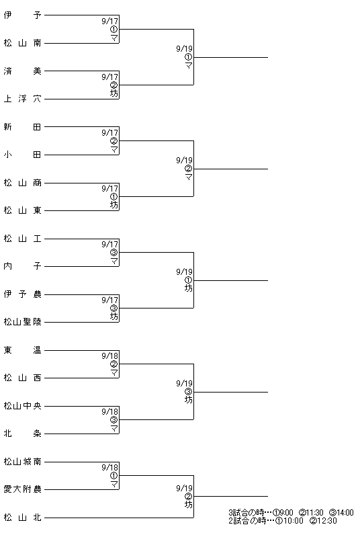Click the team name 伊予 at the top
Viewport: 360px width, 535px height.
(23, 15)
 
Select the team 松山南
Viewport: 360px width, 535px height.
(23, 43)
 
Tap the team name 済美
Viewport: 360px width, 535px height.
(23, 71)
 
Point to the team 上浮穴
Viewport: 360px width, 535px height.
(23, 99)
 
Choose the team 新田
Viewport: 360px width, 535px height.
(23, 127)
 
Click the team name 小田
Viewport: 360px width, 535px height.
(23, 155)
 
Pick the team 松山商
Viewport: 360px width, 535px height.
(23, 183)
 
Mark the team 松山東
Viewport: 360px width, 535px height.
(23, 210)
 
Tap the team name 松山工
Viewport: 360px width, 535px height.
(23, 239)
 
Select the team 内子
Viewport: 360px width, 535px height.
(23, 266)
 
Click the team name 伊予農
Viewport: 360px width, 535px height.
(23, 294)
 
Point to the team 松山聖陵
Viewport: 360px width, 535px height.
(23, 322)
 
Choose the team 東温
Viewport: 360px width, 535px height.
(23, 350)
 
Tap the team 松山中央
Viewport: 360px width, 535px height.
(23, 406)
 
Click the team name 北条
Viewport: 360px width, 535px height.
(23, 434)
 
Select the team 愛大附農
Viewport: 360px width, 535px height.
(23, 489)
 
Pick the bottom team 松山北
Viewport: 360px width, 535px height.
(23, 518)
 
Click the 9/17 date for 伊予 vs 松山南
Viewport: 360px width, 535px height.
(109, 21)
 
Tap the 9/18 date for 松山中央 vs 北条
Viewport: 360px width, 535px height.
(109, 412)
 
